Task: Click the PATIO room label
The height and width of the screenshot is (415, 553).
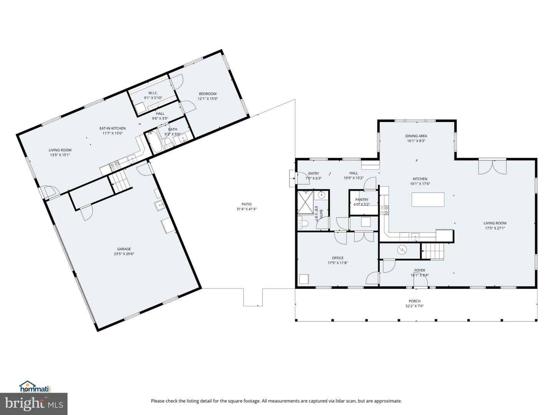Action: click(x=246, y=204)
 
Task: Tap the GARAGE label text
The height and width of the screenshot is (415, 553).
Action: click(x=124, y=249)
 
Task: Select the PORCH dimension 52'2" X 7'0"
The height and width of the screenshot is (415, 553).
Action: click(x=414, y=306)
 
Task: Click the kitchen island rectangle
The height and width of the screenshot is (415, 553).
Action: click(x=428, y=200)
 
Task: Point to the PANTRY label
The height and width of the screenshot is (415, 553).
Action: click(x=361, y=200)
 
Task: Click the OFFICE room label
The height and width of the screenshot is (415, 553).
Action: click(x=338, y=258)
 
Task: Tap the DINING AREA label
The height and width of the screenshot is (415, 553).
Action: click(x=416, y=136)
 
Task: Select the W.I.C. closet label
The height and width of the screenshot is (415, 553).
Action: click(x=153, y=93)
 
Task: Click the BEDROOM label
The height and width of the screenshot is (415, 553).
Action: click(x=207, y=94)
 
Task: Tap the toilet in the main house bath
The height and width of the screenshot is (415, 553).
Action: click(x=302, y=223)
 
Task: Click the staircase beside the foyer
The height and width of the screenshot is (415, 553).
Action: click(x=434, y=251)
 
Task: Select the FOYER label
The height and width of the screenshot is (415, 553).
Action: click(x=419, y=271)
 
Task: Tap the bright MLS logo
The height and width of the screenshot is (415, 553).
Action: click(x=34, y=404)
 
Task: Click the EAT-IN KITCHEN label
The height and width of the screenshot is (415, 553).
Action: click(x=113, y=128)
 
